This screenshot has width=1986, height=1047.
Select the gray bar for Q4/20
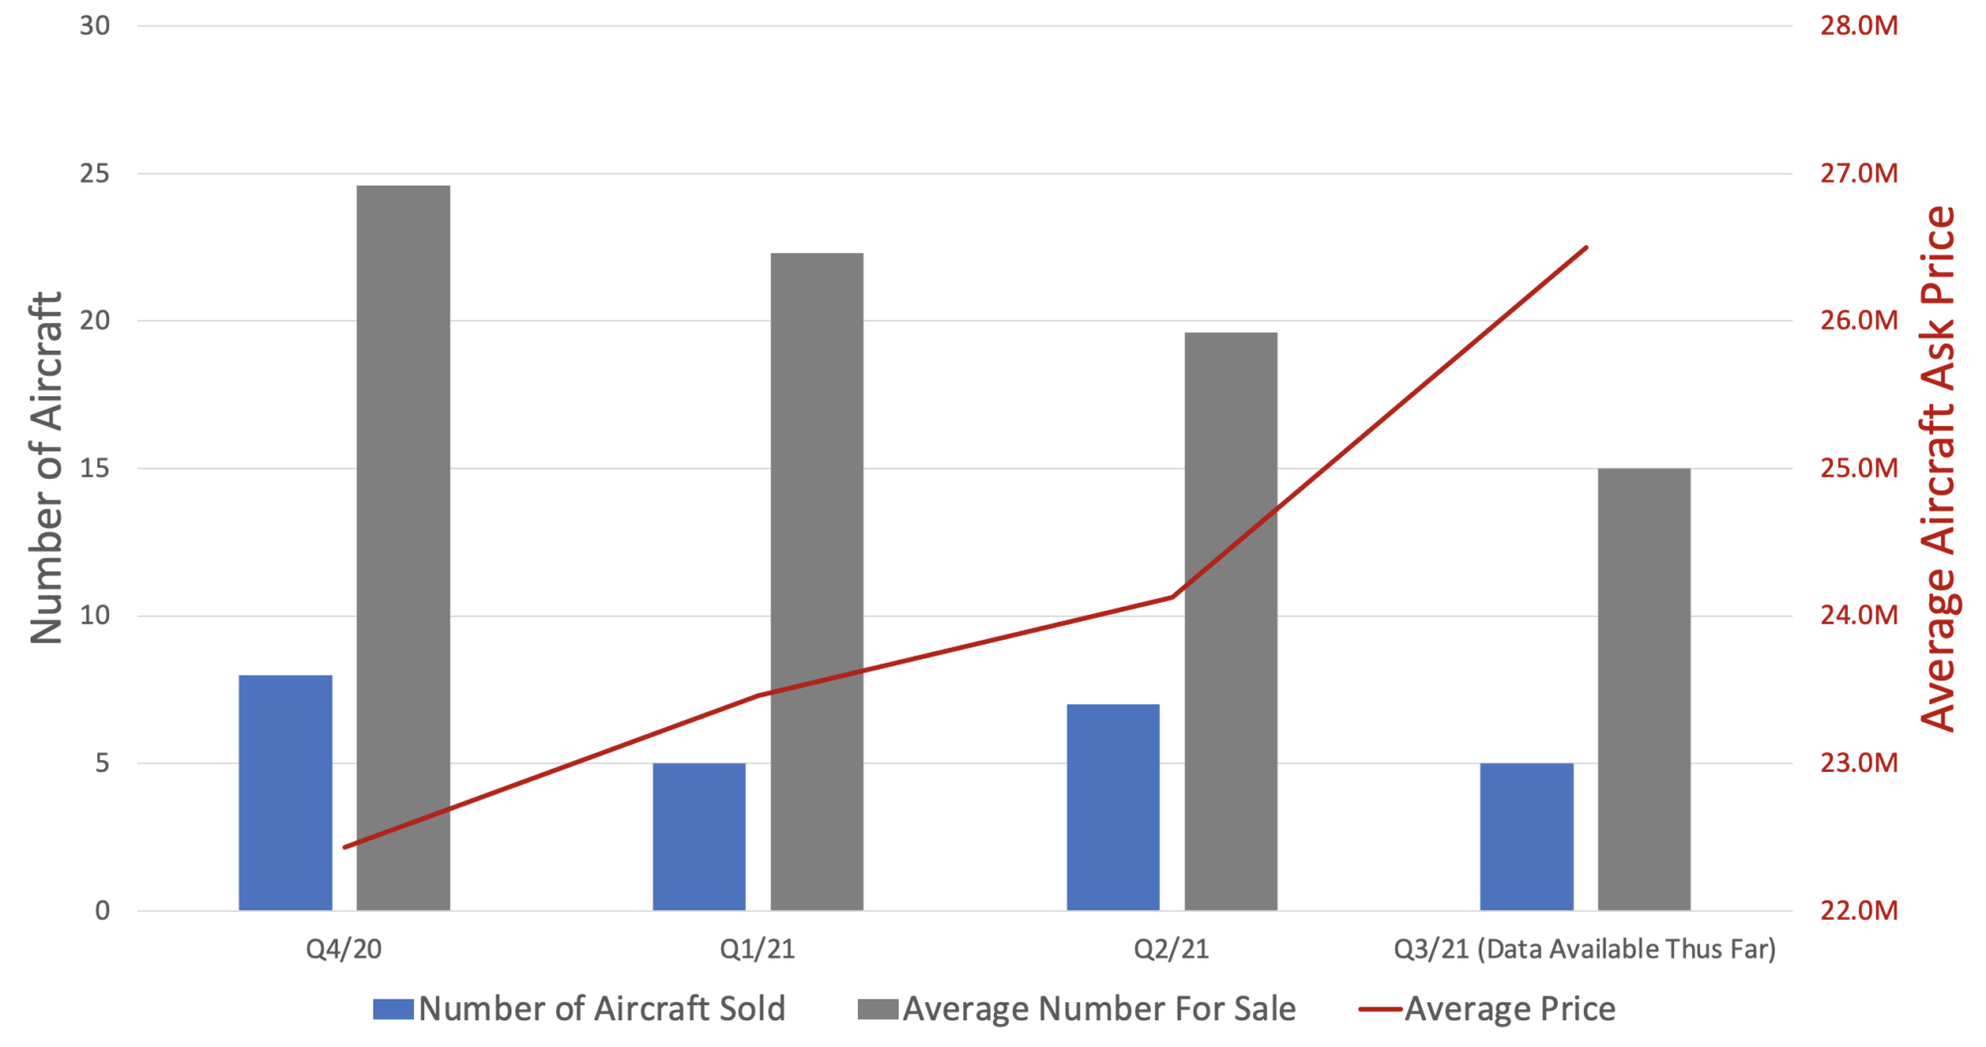point(403,547)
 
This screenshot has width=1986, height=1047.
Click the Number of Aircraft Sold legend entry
point(580,1009)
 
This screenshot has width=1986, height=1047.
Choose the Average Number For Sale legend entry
point(1077,1009)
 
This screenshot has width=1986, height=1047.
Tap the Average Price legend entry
point(1488,1009)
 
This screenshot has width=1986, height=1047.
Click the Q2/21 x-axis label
point(1171,949)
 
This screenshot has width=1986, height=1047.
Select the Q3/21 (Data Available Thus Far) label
point(1584,949)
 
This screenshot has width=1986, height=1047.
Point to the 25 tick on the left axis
point(94,174)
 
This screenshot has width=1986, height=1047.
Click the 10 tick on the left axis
point(94,616)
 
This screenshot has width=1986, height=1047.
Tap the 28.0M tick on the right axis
point(1858,26)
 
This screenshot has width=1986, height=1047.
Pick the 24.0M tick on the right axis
point(1858,616)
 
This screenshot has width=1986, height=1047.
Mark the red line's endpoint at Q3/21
point(1586,247)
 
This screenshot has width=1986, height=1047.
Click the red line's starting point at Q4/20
point(345,847)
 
